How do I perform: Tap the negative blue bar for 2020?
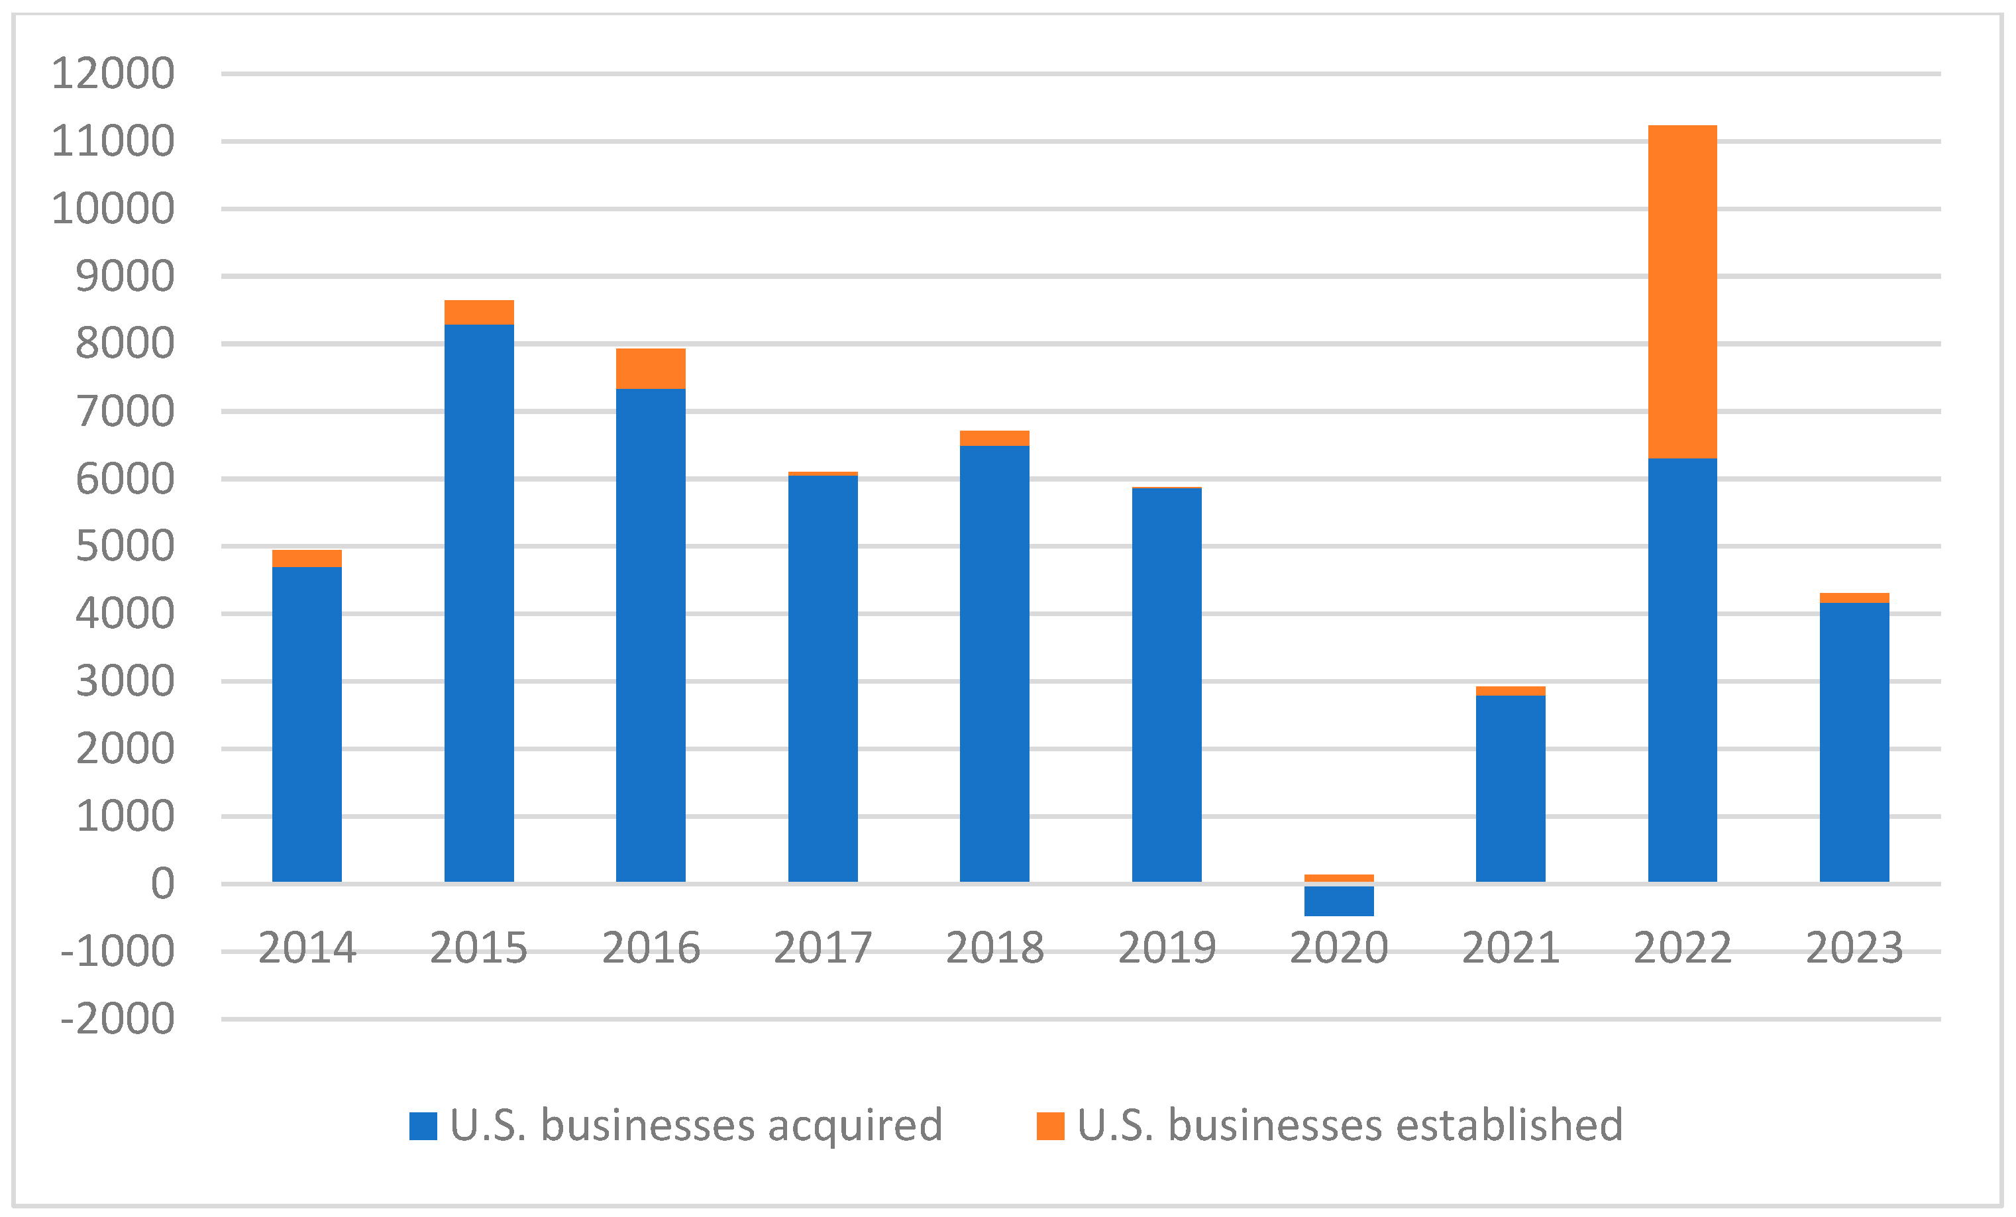1338,900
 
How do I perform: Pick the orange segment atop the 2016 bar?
651,368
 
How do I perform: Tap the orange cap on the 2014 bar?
307,558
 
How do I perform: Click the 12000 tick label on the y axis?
113,74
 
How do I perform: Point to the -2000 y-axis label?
117,1019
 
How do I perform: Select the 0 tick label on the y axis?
162,884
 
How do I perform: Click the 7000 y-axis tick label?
125,411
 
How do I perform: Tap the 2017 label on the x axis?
822,948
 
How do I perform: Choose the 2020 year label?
1338,948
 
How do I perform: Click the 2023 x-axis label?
1854,948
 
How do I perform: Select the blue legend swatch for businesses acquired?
423,1126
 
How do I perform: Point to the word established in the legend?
1510,1124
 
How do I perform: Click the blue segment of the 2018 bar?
994,663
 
